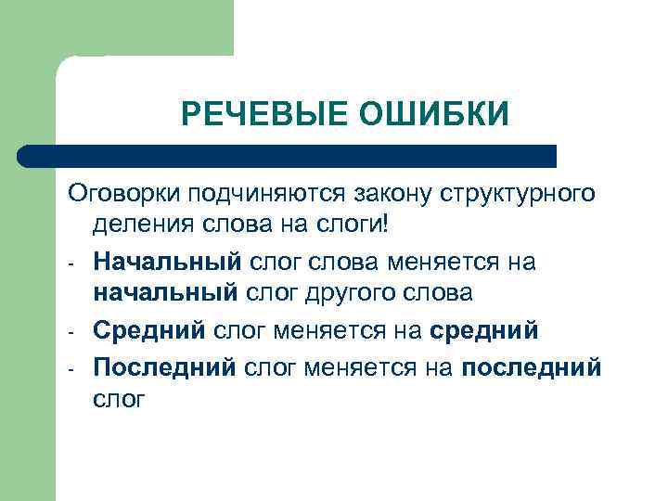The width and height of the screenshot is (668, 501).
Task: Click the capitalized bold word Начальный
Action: tap(167, 263)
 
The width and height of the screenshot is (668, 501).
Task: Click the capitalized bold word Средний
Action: tap(150, 330)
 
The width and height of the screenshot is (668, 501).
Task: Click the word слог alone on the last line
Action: tap(119, 400)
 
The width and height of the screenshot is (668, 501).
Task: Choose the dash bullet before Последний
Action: tap(71, 368)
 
